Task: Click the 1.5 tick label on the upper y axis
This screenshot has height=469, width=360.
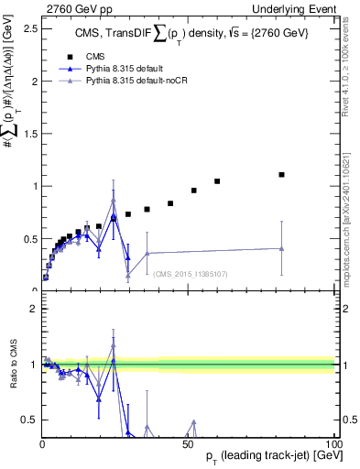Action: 29,134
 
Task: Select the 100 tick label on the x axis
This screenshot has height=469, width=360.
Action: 335,443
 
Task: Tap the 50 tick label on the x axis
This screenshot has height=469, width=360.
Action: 188,443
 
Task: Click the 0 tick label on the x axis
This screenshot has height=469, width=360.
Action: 42,443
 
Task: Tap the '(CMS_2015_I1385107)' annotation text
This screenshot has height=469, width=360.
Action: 190,273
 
